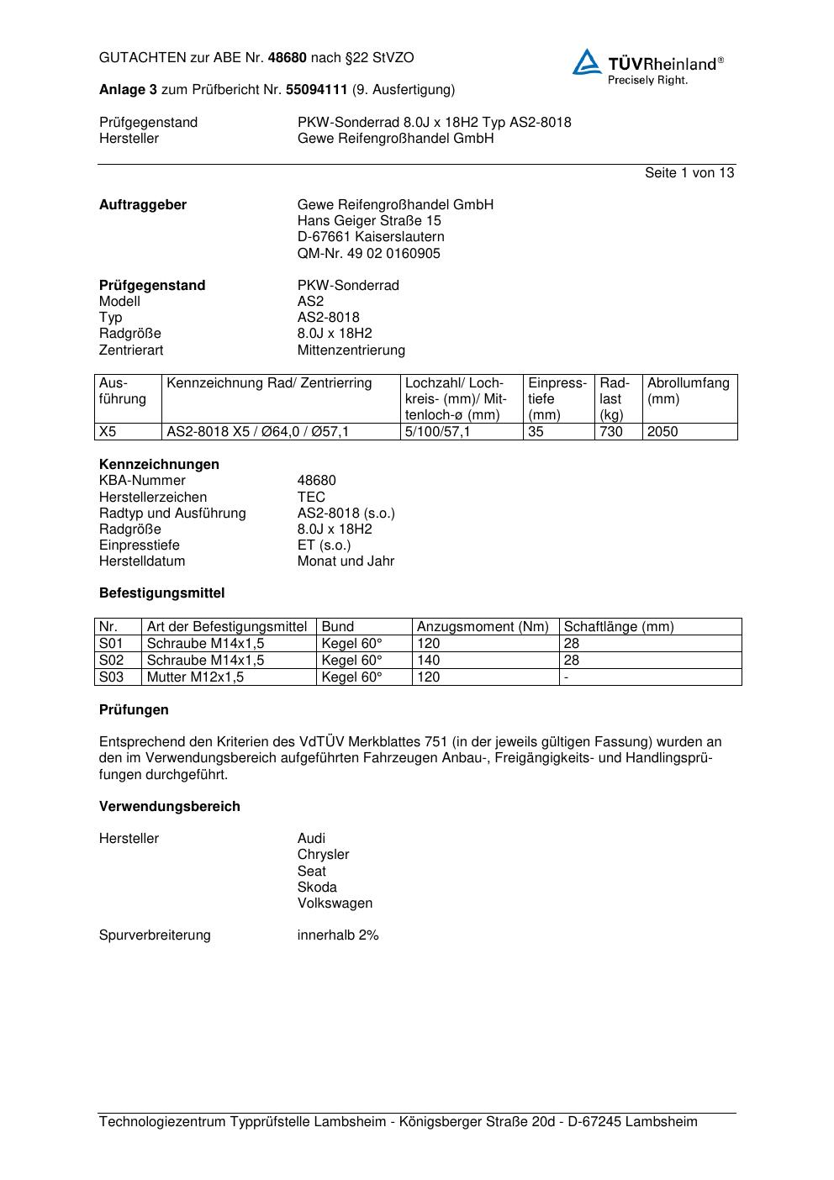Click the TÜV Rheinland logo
(647, 66)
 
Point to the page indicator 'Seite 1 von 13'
(689, 173)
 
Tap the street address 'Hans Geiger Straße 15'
(369, 221)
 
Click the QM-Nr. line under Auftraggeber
(368, 253)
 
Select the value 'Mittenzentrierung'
(351, 350)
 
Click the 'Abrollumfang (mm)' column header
(688, 391)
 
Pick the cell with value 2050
(662, 432)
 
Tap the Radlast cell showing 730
(611, 432)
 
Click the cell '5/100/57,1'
(438, 432)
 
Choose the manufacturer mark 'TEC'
(311, 497)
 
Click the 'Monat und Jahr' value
(346, 561)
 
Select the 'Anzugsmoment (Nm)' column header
(483, 627)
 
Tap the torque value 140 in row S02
(429, 661)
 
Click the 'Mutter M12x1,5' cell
(195, 677)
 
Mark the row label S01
(111, 644)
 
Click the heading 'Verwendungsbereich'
(170, 807)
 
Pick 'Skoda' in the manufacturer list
(317, 888)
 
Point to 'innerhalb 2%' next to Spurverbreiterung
(338, 935)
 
